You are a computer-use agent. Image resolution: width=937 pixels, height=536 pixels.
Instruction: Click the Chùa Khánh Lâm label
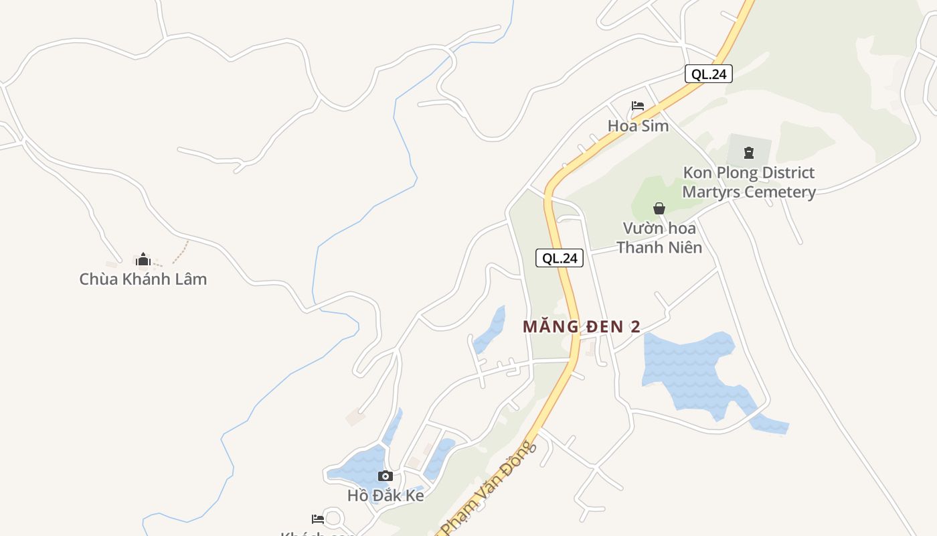(x=143, y=279)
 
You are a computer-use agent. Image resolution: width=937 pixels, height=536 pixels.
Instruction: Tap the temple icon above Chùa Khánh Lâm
(x=143, y=259)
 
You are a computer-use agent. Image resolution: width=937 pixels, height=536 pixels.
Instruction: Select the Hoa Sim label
(x=638, y=125)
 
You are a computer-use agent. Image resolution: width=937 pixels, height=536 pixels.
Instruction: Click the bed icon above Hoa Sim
(x=637, y=106)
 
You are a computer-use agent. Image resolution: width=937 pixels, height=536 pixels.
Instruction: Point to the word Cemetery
(x=776, y=192)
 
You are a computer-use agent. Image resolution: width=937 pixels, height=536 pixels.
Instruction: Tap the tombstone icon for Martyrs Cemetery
(x=748, y=153)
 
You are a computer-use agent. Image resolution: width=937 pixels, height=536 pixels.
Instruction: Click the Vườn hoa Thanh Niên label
(x=659, y=238)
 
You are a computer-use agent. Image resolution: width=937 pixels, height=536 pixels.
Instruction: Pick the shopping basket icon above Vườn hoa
(x=659, y=208)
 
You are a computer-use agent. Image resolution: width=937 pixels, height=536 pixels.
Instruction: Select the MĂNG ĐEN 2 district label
(x=581, y=327)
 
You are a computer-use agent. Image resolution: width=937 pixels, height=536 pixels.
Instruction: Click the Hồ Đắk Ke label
(x=386, y=496)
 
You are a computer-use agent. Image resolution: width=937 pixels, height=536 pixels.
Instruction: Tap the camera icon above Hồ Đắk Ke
(x=385, y=476)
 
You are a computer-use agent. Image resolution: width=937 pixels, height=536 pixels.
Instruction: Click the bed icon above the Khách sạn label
(x=318, y=519)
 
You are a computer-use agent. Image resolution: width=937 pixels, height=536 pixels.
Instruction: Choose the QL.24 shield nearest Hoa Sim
(x=709, y=74)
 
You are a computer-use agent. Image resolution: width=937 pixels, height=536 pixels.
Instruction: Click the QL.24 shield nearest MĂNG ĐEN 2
(x=560, y=258)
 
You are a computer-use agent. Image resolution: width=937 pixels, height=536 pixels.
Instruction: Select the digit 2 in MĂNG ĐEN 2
(x=634, y=327)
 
